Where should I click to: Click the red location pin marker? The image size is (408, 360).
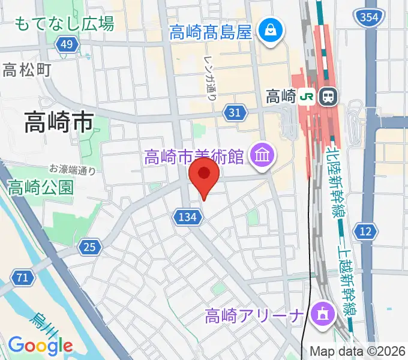pos(204,175)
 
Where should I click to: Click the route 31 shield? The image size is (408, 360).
pos(235,112)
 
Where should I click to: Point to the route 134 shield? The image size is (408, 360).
pos(187,217)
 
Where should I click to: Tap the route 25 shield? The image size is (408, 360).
pos(90,246)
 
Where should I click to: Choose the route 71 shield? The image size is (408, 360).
pos(22,277)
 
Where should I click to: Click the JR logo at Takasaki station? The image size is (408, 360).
pos(307,96)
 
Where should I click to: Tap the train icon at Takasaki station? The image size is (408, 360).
pos(328,96)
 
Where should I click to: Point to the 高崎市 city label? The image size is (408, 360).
pos(59,123)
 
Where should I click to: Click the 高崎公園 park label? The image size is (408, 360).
pos(41,187)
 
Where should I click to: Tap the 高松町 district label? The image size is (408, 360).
pos(27,70)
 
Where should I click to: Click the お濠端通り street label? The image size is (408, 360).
pos(73,170)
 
